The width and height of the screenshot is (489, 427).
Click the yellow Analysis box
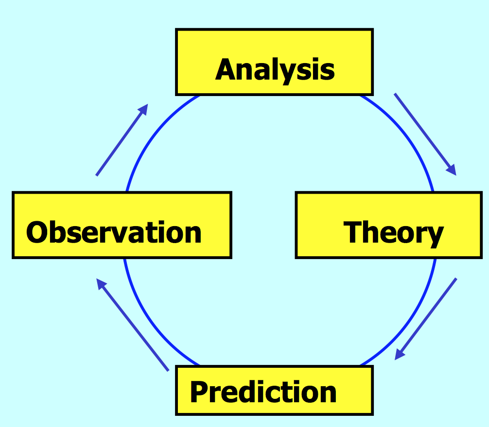click(x=274, y=62)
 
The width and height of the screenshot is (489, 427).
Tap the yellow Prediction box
click(x=274, y=390)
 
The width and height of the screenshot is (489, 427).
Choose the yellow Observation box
click(x=122, y=225)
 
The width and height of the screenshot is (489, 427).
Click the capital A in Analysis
click(x=227, y=70)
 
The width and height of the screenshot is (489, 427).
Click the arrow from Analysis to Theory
click(x=425, y=133)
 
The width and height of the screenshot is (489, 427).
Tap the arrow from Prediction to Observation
click(x=132, y=325)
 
